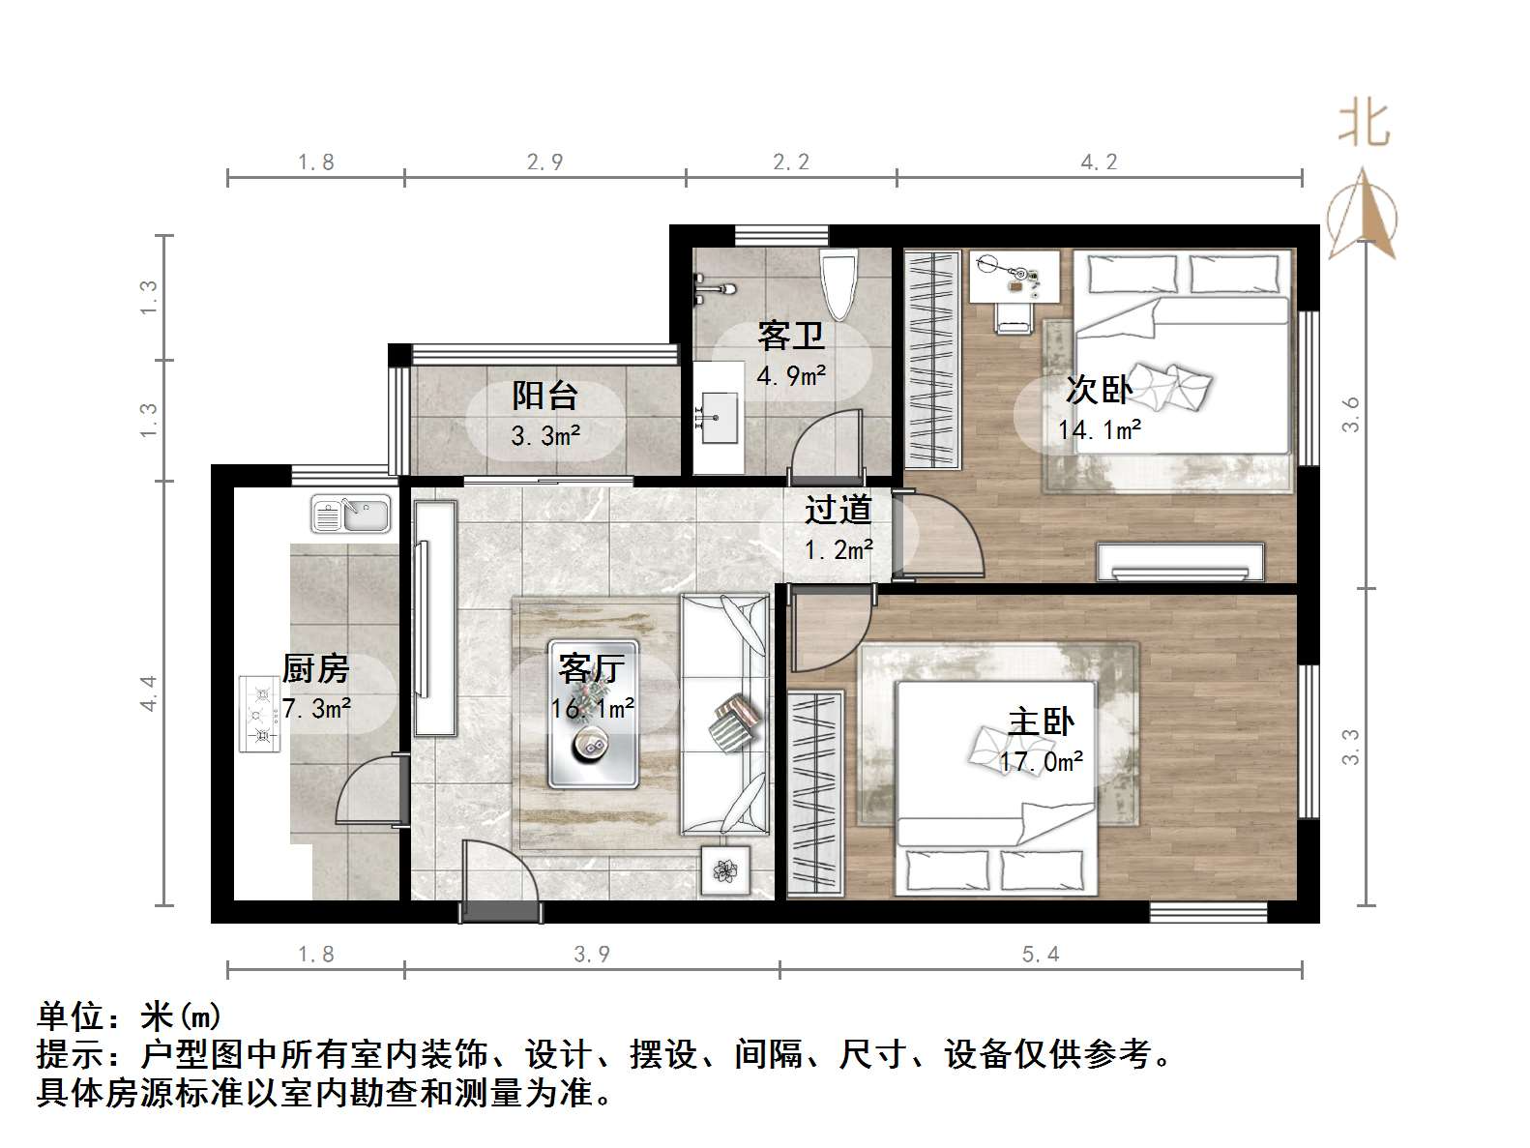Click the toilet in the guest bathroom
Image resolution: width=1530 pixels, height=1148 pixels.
point(838,284)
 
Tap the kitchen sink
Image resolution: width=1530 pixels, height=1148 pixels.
point(350,515)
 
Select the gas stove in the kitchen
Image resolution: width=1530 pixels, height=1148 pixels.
point(259,714)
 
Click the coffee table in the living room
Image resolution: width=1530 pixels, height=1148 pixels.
point(593,714)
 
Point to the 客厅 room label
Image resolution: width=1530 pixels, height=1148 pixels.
point(592,668)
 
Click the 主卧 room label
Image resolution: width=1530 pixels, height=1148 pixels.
point(1041,721)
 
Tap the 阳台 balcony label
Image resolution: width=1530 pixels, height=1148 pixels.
point(544,395)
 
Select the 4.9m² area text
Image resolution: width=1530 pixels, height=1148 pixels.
point(791,375)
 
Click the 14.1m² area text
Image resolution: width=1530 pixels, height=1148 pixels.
point(1100,428)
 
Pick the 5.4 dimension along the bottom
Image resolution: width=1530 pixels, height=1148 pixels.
point(1041,955)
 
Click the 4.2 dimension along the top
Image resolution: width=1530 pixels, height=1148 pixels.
point(1099,162)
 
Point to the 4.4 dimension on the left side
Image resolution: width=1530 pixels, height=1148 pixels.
point(148,693)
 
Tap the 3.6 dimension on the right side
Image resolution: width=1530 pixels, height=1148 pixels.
point(1351,414)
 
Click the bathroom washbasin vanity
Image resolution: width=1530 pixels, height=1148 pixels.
point(718,418)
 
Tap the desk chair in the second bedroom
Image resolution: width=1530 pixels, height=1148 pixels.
point(1012,315)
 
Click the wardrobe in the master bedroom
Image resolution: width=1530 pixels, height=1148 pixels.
point(815,793)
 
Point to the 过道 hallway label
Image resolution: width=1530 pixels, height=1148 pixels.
point(839,510)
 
